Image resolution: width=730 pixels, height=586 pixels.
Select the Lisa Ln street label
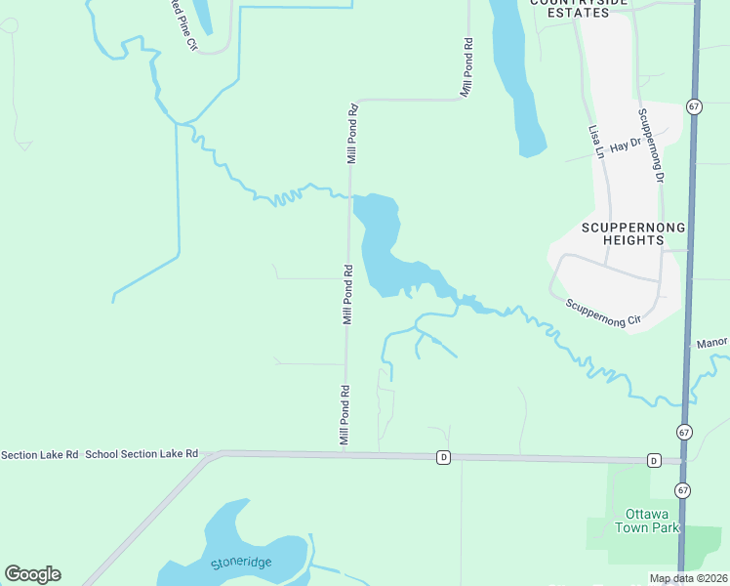pyautogui.click(x=596, y=141)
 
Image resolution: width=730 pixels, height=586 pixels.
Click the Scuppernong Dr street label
pyautogui.click(x=651, y=146)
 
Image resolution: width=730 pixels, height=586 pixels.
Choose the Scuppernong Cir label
pyautogui.click(x=603, y=312)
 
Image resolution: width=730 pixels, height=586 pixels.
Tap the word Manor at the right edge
pyautogui.click(x=713, y=343)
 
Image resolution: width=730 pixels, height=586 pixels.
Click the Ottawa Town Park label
pyautogui.click(x=646, y=521)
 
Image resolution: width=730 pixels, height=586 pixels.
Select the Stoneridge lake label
pyautogui.click(x=241, y=563)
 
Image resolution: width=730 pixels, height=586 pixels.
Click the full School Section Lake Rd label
pyautogui.click(x=142, y=454)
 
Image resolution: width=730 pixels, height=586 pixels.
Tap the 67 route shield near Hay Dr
pyautogui.click(x=693, y=106)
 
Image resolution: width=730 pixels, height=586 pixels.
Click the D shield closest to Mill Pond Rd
pyautogui.click(x=443, y=457)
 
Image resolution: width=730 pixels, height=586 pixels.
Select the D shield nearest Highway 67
pyautogui.click(x=654, y=460)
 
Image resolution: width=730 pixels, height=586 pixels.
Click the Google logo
pyautogui.click(x=32, y=574)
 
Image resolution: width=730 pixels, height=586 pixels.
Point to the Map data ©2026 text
pyautogui.click(x=688, y=578)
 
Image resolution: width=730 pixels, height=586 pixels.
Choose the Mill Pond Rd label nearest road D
pyautogui.click(x=345, y=416)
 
